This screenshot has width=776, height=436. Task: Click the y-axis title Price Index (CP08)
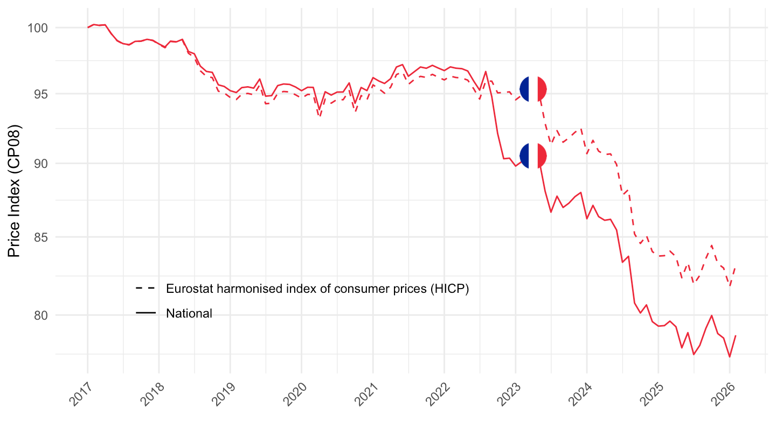(x=15, y=191)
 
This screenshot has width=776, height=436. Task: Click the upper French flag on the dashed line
(x=533, y=89)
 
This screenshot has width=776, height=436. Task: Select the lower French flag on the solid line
(x=533, y=156)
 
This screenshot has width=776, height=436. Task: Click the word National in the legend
(x=189, y=313)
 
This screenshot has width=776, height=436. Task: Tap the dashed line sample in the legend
(x=145, y=289)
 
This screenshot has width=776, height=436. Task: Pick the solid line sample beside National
(x=145, y=313)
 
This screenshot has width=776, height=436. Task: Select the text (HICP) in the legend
(x=452, y=289)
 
